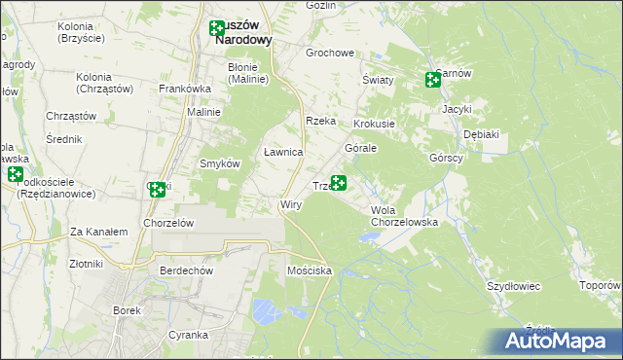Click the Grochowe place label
click(x=330, y=54)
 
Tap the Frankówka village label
click(x=185, y=89)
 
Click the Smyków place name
click(x=220, y=163)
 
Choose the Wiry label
click(x=291, y=205)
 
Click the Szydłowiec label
click(x=513, y=286)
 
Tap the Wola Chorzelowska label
click(x=404, y=216)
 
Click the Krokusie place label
click(x=374, y=125)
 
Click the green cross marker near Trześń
click(x=339, y=182)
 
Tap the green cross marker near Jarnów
click(x=433, y=80)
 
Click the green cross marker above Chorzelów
click(x=157, y=190)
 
